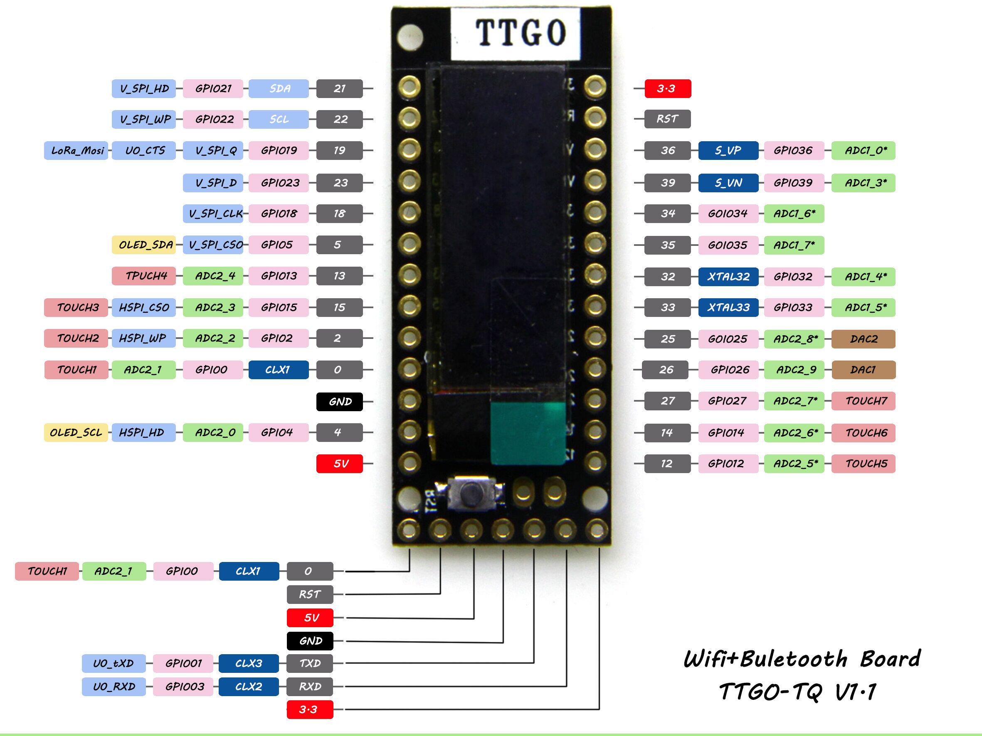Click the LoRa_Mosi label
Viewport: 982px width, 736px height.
tap(76, 150)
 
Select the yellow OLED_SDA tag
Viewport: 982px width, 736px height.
tap(144, 245)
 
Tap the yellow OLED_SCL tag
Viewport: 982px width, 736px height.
tap(76, 432)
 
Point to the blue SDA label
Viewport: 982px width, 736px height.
tap(279, 89)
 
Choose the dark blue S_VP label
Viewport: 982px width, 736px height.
tap(728, 150)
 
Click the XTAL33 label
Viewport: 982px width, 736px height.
tap(728, 307)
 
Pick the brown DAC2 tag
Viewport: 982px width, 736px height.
tap(863, 339)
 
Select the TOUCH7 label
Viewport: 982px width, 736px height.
tap(863, 401)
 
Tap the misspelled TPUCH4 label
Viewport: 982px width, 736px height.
tap(144, 276)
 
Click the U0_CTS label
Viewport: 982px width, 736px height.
tap(144, 150)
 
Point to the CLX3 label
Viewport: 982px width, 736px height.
tap(249, 663)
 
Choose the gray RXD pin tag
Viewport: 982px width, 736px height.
tap(310, 686)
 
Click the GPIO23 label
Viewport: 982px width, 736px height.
tap(279, 183)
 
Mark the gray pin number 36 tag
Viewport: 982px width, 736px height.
tap(667, 150)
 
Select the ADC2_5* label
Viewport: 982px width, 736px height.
tap(794, 464)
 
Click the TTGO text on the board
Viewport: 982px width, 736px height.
tap(520, 33)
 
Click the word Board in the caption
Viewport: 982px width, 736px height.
tap(890, 659)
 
